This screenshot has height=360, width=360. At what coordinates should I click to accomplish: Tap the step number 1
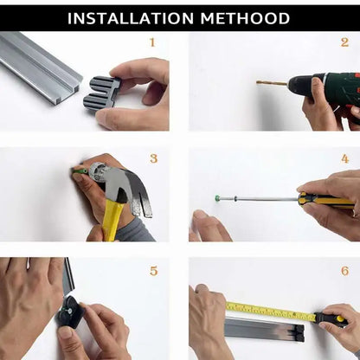coord(152,42)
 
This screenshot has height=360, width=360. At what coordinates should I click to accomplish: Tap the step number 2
coord(344,42)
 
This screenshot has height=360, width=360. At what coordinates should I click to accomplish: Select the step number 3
coord(153,157)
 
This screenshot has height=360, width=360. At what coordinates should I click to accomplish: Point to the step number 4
coord(344,158)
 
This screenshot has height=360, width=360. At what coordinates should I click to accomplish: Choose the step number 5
coord(153,271)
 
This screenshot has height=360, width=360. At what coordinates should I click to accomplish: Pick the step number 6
coord(344,271)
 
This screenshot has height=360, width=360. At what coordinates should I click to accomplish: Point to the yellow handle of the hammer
coord(112,221)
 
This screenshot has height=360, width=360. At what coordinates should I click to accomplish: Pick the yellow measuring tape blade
coord(268,311)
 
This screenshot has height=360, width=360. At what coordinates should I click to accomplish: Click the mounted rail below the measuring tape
coord(260,329)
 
